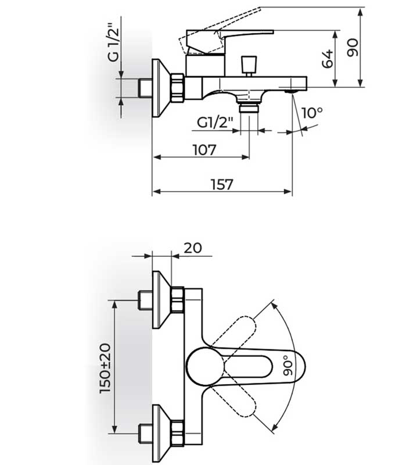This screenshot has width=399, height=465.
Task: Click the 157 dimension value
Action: pyautogui.click(x=222, y=184)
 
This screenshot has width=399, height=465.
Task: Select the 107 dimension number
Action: pyautogui.click(x=204, y=150)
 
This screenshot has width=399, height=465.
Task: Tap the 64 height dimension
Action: pyautogui.click(x=328, y=59)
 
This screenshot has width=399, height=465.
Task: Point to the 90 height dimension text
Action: pyautogui.click(x=353, y=48)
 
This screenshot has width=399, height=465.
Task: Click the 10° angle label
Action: pyautogui.click(x=312, y=113)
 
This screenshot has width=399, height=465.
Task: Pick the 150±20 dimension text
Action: pyautogui.click(x=106, y=369)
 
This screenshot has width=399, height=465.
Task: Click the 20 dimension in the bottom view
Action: pyautogui.click(x=193, y=248)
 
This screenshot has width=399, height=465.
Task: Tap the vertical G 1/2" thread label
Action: pyautogui.click(x=114, y=42)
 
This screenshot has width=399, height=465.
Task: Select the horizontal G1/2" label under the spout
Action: pyautogui.click(x=215, y=122)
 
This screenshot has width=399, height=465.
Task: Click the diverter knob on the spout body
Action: pyautogui.click(x=249, y=66)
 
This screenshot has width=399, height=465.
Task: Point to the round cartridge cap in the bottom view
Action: pyautogui.click(x=205, y=367)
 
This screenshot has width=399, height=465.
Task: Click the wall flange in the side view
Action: pyautogui.click(x=161, y=88)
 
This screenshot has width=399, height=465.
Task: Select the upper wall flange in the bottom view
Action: pyautogui.click(x=161, y=299)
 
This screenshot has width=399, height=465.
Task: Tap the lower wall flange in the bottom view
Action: pyautogui.click(x=161, y=434)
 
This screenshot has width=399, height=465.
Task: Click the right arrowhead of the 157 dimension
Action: pyautogui.click(x=288, y=192)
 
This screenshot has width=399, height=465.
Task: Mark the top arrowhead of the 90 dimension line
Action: pyautogui.click(x=360, y=13)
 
